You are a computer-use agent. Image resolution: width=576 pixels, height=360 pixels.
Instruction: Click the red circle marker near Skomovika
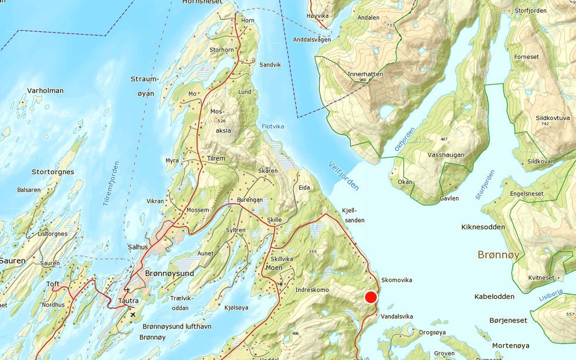(371, 297)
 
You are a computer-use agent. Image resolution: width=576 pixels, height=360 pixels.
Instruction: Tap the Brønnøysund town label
(169, 274)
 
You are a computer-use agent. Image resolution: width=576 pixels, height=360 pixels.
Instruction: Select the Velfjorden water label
(344, 175)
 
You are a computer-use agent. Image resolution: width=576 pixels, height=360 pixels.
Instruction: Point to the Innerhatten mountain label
(365, 75)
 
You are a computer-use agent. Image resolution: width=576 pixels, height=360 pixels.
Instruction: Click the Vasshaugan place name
(447, 155)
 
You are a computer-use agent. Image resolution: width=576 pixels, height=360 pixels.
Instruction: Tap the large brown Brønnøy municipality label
(498, 255)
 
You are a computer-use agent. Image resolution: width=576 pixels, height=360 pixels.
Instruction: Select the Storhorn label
(222, 50)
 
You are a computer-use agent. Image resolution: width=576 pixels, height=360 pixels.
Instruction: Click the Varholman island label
(45, 91)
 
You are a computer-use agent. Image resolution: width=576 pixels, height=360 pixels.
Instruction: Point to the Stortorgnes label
(53, 172)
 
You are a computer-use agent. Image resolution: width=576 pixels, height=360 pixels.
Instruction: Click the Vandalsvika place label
(397, 316)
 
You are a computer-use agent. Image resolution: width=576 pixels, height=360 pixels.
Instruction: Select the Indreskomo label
(312, 290)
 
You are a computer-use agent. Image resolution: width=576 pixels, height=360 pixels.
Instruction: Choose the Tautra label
(129, 301)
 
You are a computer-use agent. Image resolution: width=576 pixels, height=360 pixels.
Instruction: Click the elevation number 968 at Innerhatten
(363, 80)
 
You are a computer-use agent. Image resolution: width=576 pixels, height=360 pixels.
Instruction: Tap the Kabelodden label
(494, 296)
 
